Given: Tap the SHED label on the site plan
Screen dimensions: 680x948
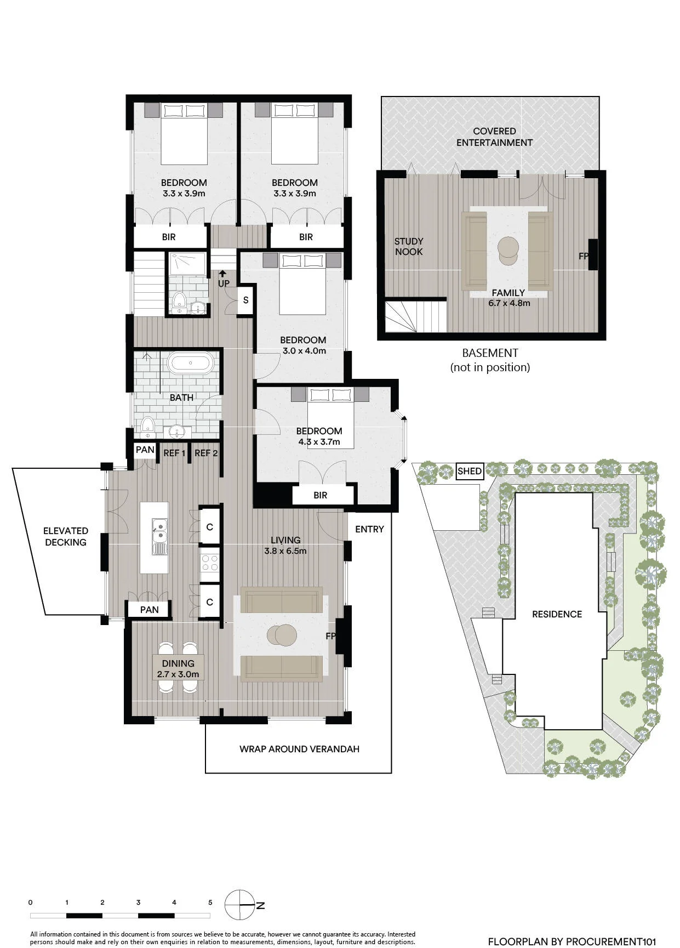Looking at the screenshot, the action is pos(470,471).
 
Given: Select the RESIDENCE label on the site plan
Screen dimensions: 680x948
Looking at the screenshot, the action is pos(557,614).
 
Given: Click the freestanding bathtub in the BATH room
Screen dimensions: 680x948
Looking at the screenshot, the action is pos(190,363).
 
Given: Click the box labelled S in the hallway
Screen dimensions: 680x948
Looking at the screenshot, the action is pos(245,300).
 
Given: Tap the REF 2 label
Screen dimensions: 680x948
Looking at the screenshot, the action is pos(206,453).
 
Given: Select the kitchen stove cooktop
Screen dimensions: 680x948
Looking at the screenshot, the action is pos(210,564).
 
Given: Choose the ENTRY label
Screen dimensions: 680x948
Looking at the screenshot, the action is pos(369,529).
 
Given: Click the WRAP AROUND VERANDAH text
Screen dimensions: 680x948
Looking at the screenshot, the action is pos(299,749).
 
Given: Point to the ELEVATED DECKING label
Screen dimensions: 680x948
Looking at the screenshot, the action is pos(66,536).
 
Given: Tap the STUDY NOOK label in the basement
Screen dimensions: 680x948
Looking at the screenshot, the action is pos(409,246).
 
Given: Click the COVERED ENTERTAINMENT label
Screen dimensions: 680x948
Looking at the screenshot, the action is pos(494,137).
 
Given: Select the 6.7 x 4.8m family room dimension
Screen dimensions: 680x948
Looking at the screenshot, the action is pos(509,303).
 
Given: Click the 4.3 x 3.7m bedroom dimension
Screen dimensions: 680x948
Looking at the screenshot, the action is pos(319,441).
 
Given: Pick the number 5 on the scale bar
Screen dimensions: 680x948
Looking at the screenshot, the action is pos(210,902).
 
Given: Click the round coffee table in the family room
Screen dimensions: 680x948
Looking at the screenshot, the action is pos(508,251).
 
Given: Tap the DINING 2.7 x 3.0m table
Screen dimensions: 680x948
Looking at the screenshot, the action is pos(178,668).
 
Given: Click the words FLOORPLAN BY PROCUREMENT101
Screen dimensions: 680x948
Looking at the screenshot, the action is pos(572,941).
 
